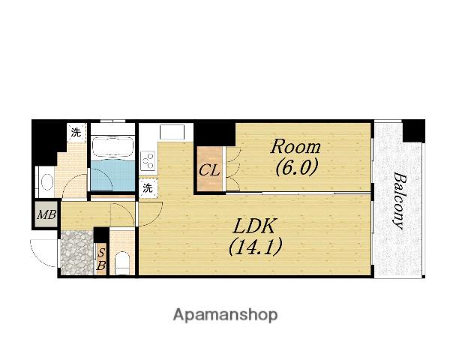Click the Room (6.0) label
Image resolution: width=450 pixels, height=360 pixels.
pos(295,157)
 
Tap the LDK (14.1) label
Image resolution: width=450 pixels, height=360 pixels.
pos(255,237)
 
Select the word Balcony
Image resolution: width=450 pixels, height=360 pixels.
pos(400,200)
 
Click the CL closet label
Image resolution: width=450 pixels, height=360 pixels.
pos(209,170)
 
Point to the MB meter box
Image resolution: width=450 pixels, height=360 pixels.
pos(46,214)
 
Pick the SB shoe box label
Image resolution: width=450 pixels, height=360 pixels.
pos(101,259)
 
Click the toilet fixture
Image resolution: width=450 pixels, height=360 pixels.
pos(121,263)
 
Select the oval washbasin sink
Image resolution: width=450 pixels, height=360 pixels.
pos(47,182)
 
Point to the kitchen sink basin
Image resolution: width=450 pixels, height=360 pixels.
pos(172,132)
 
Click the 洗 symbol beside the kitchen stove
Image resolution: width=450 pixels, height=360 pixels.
pos(148,188)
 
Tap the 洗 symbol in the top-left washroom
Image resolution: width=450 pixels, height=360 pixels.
pos(76,133)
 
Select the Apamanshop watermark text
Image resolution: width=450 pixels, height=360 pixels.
pos(225,315)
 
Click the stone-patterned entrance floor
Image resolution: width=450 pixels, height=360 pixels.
pos(77,253)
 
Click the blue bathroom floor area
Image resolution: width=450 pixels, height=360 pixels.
pos(112,175)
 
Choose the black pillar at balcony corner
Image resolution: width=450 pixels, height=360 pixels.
pos(413,130)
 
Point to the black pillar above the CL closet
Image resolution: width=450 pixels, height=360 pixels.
pos(214,134)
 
